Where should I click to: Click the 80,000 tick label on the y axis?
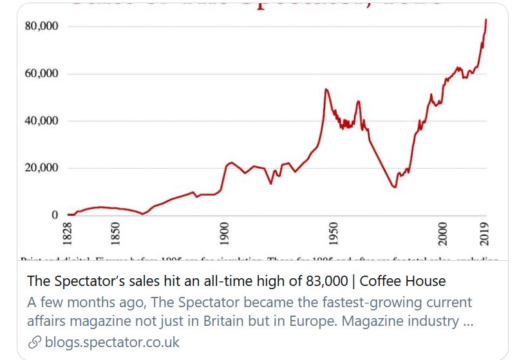41,26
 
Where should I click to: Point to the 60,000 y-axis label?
41,73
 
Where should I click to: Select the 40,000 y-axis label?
41,121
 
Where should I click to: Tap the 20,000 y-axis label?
41,168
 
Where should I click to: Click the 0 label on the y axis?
55,215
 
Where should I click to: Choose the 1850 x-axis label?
115,232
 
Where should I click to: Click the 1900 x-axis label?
225,232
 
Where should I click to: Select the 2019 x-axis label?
485,232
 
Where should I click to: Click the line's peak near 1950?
326,90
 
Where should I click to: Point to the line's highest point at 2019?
486,19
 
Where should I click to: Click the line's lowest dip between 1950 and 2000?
394,187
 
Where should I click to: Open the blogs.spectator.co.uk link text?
112,342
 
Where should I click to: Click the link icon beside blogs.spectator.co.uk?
35,342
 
